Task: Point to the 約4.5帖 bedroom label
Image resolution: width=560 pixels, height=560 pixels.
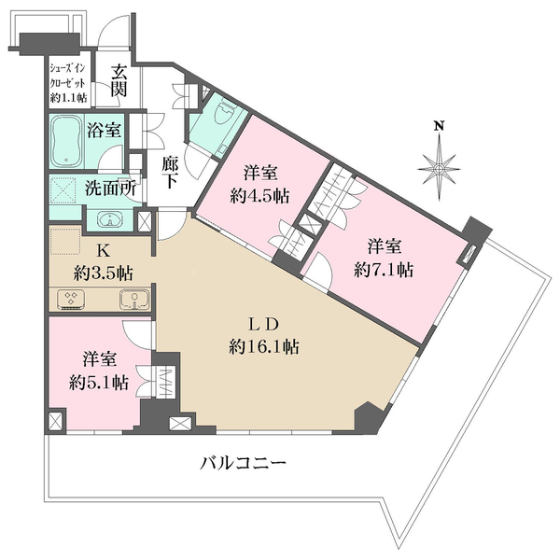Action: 260,184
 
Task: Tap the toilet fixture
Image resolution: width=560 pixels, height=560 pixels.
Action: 220,119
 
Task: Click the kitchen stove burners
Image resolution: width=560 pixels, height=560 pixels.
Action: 73,299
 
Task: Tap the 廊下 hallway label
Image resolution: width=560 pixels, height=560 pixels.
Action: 170,173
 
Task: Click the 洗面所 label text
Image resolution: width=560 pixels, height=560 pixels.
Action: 110,188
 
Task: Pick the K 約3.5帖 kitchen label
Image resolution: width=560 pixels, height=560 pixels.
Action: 103,262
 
